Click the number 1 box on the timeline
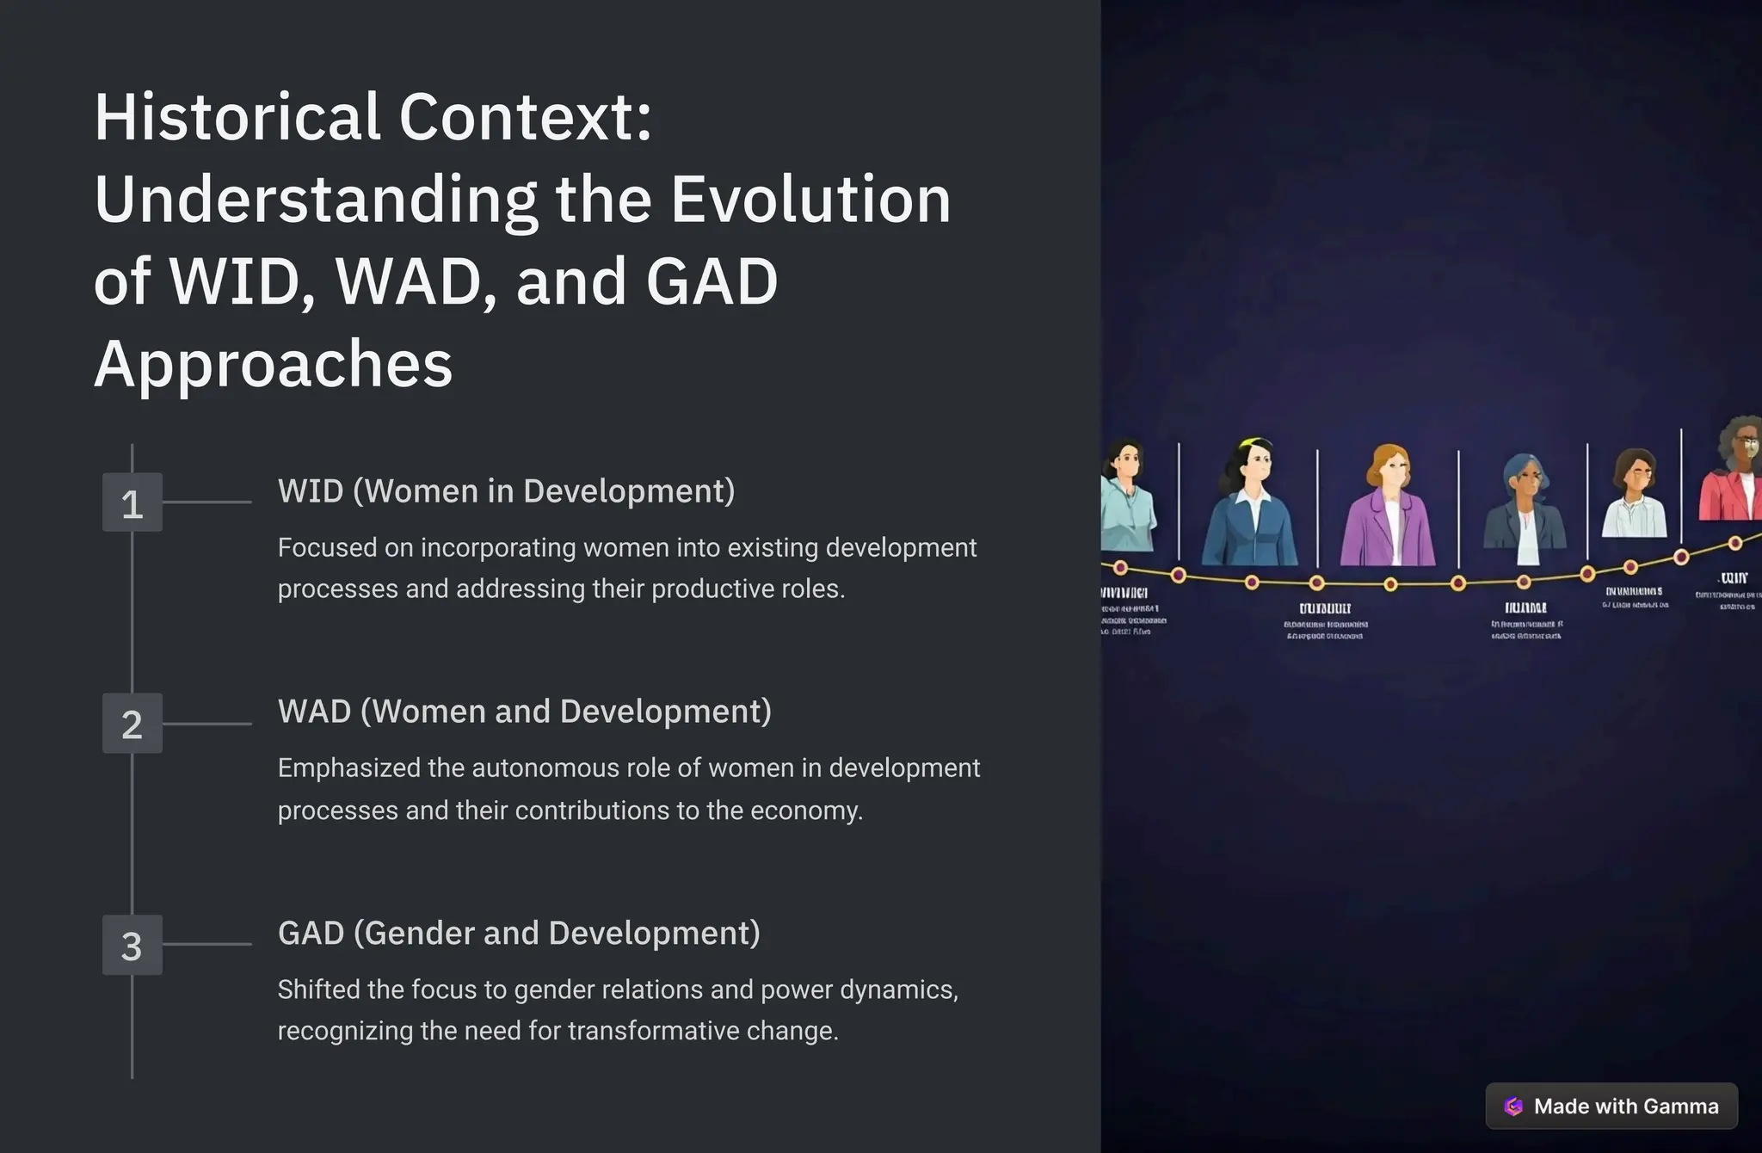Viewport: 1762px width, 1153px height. click(132, 503)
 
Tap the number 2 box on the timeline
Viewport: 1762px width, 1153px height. click(132, 724)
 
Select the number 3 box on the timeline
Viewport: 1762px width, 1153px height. click(132, 945)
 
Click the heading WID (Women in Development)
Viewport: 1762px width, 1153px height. click(506, 491)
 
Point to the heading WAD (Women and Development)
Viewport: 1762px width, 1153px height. click(524, 712)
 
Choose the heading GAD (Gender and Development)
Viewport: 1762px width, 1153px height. click(519, 933)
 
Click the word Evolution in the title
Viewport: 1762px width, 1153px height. click(810, 200)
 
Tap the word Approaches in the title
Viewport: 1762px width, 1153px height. click(273, 364)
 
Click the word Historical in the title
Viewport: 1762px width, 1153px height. click(237, 117)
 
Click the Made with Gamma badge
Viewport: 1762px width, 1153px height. click(1611, 1107)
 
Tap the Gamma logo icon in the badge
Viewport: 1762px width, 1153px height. click(1513, 1107)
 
